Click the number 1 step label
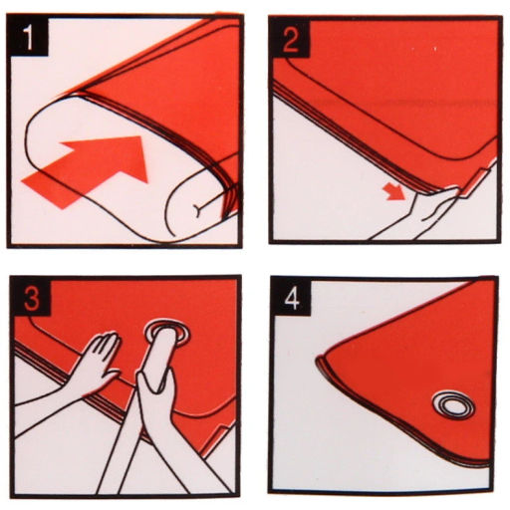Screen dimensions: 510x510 (29, 37)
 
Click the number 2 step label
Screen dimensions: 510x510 (290, 39)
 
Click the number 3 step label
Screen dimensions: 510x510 (32, 298)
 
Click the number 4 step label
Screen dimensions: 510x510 (292, 298)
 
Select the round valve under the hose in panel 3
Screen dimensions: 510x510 (167, 332)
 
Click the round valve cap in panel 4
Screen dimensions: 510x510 (453, 405)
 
